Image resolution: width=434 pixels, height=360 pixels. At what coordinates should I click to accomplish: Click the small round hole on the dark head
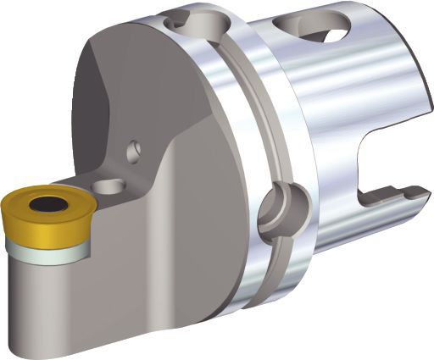click(x=132, y=152)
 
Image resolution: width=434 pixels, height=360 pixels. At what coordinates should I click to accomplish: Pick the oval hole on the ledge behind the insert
click(x=106, y=185)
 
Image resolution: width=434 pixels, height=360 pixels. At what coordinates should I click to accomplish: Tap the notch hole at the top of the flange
click(x=200, y=19)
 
